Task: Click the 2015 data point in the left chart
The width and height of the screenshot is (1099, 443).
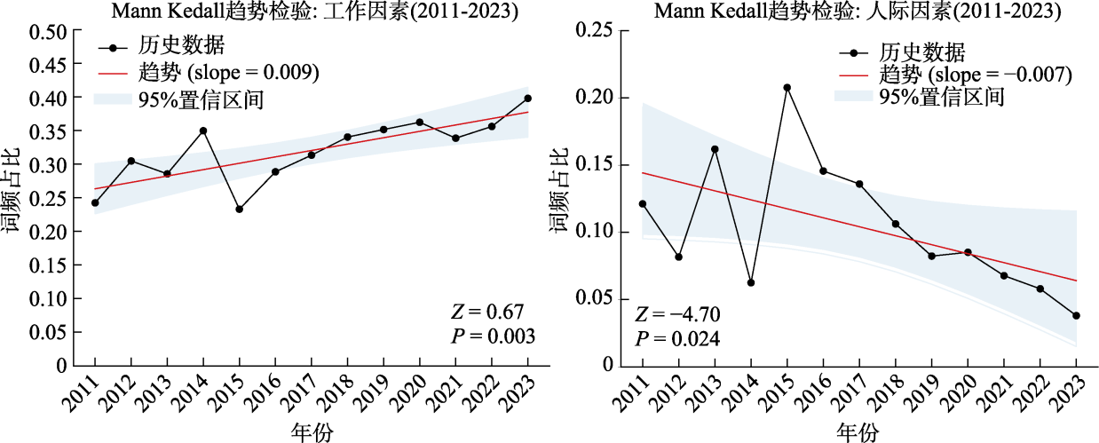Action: tap(239, 210)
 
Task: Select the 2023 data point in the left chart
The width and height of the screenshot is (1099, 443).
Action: tap(528, 98)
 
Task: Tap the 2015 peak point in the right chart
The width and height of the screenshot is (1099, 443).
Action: tap(787, 88)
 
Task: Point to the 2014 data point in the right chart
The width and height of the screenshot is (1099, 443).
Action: tap(751, 282)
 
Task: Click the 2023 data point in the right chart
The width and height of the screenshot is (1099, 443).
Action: tap(1076, 315)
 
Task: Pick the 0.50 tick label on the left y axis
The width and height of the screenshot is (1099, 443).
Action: tap(51, 31)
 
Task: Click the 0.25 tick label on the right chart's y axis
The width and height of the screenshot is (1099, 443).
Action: tap(597, 31)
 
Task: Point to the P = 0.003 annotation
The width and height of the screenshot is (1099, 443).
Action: tap(493, 336)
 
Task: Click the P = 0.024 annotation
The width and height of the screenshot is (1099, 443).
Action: tap(676, 338)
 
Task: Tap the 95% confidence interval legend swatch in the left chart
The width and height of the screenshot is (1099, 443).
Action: tap(113, 99)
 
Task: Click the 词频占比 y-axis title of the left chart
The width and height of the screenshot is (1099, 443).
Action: tap(12, 198)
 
